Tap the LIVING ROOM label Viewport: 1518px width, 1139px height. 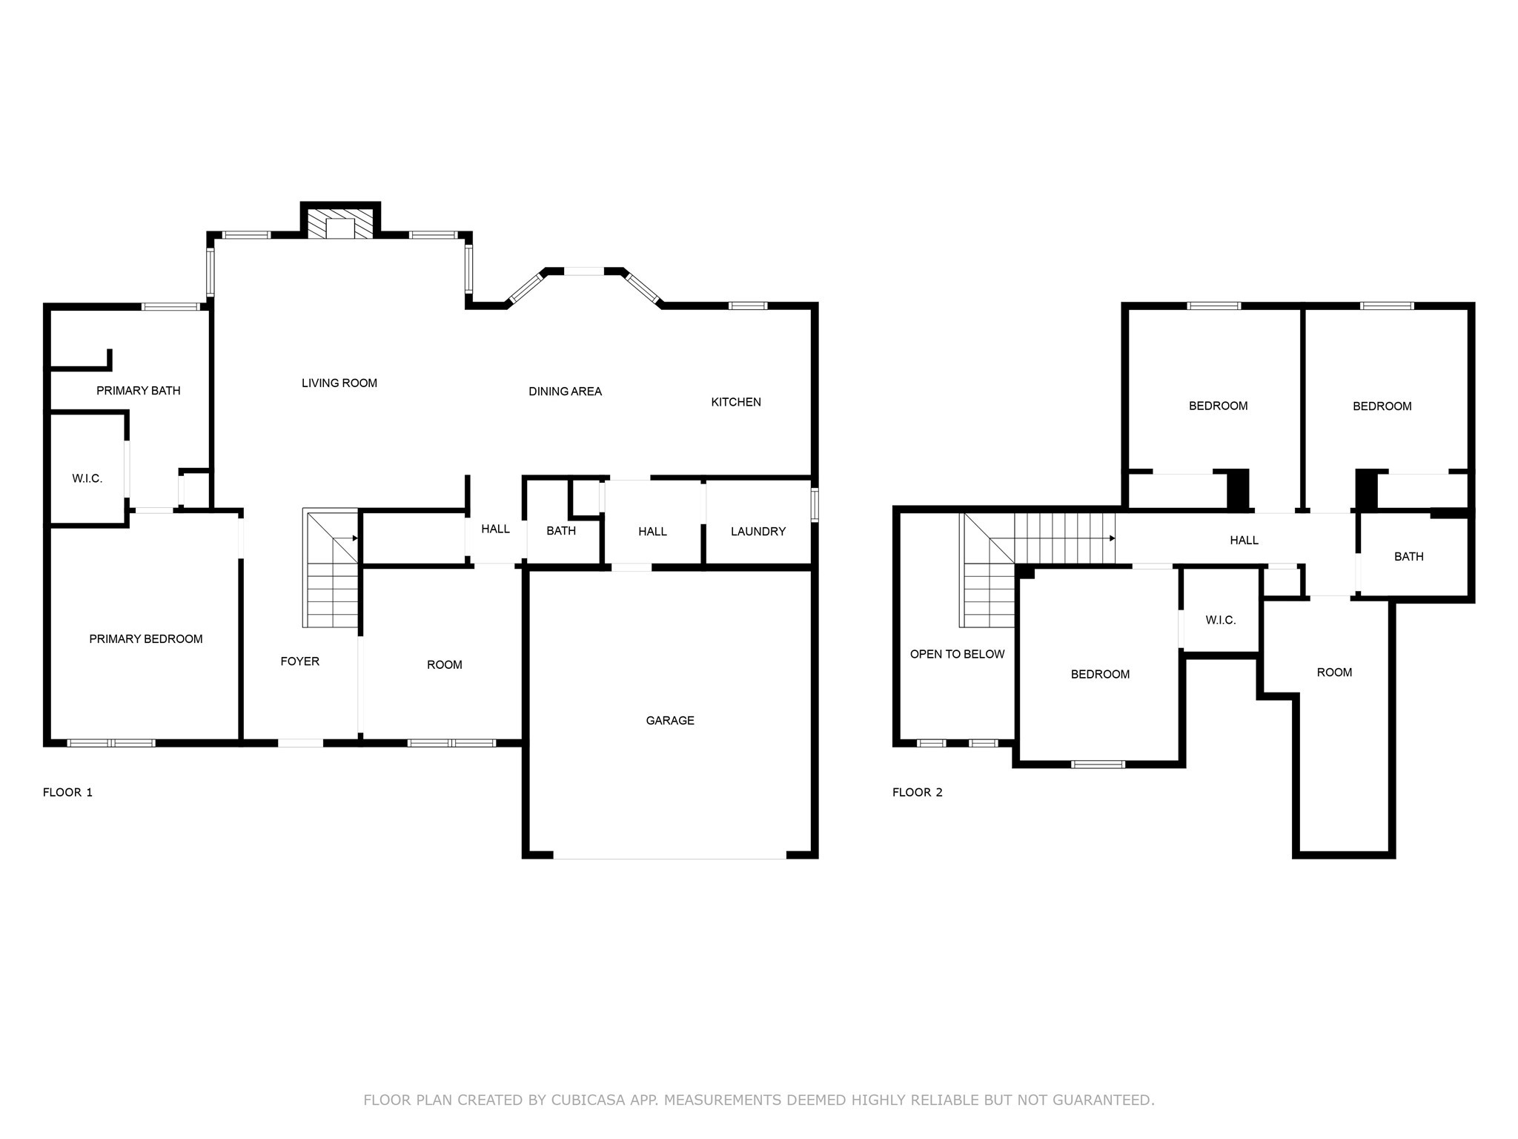(x=339, y=383)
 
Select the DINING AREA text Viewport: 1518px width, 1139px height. (x=565, y=392)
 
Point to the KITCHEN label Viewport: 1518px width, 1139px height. (x=736, y=402)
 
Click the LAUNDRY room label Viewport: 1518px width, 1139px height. (x=758, y=532)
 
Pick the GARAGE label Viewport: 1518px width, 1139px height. (x=670, y=721)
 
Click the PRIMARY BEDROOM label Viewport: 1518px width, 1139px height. (x=146, y=639)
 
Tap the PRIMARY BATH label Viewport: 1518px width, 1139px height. (x=139, y=391)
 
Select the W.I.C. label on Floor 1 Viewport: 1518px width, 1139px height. (x=87, y=479)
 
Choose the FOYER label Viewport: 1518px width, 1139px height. (x=300, y=661)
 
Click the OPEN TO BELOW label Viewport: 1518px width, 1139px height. (x=957, y=654)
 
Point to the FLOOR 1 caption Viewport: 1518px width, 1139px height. (x=67, y=793)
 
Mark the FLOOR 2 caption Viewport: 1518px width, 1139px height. (x=917, y=793)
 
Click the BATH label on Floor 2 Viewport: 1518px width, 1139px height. (x=1408, y=557)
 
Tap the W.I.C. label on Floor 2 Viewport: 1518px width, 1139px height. (x=1221, y=620)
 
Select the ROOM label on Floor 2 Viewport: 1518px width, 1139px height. (x=1334, y=673)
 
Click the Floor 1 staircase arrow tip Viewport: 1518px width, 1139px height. (x=357, y=538)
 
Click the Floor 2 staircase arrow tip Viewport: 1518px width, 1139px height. (x=1113, y=538)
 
